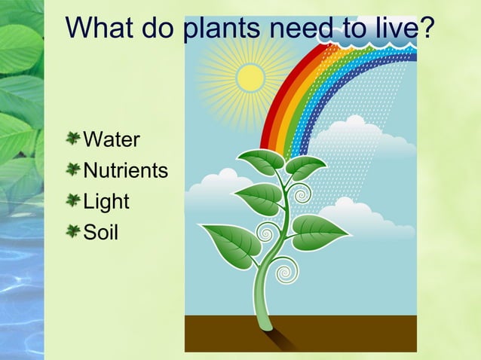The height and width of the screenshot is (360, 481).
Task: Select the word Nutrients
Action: coord(125,170)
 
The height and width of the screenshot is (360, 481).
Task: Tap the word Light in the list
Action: coord(106,201)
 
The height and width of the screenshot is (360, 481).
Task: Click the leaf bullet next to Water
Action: coord(73,139)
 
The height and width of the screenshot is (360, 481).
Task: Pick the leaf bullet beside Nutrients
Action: coord(73,169)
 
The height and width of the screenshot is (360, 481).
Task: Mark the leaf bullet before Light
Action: coord(73,200)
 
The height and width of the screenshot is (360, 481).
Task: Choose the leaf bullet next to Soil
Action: coord(73,230)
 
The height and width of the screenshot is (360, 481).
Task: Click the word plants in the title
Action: coord(219,29)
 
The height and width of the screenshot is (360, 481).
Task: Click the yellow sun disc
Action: coord(250,77)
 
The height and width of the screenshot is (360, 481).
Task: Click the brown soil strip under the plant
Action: coord(339,331)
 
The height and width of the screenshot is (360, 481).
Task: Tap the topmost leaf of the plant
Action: coord(260,160)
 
